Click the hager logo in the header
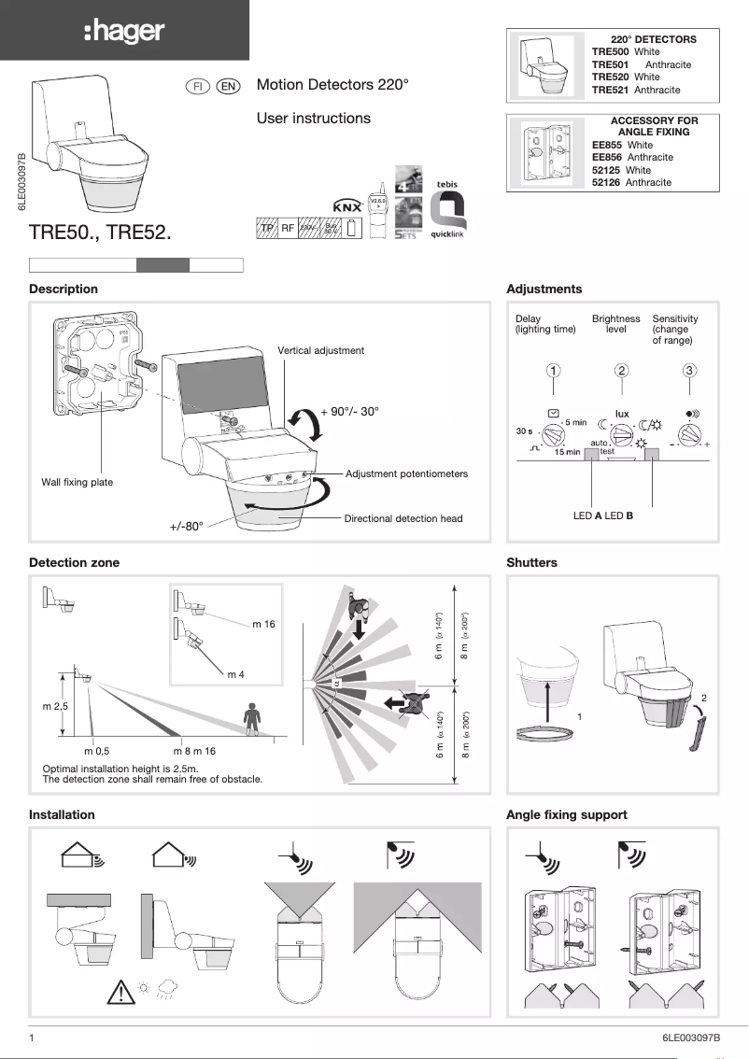[x=124, y=31]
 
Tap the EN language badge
[x=228, y=86]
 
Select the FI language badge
[x=198, y=86]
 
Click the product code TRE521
[x=611, y=90]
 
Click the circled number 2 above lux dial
[x=622, y=370]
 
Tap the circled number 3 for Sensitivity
[x=689, y=370]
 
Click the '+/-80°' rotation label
[x=186, y=526]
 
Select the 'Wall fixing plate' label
[x=77, y=482]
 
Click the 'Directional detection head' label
[x=403, y=518]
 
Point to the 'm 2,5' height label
[x=55, y=706]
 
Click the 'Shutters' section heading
[x=531, y=562]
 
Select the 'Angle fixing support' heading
[x=566, y=814]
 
